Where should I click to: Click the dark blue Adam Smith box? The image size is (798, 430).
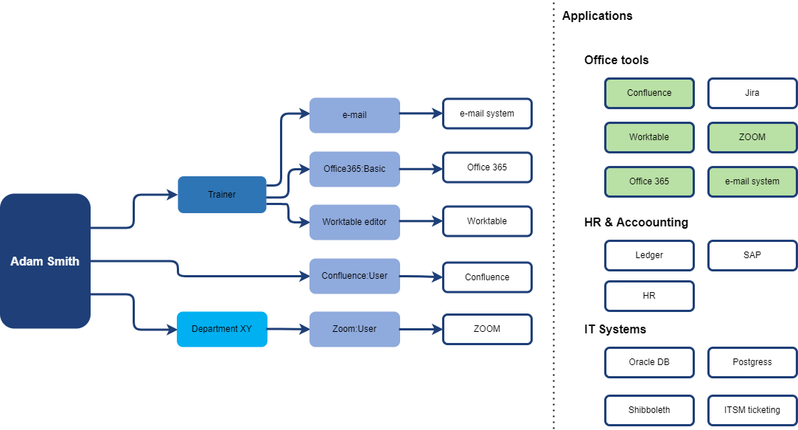(45, 261)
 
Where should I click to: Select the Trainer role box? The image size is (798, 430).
(222, 195)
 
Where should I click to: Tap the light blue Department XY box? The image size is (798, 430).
(222, 329)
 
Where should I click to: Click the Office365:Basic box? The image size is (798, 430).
(354, 169)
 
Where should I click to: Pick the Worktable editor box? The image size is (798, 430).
(354, 222)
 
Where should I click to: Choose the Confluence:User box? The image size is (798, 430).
(354, 276)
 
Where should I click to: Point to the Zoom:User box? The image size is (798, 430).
(354, 329)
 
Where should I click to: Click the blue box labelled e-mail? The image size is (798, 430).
(354, 115)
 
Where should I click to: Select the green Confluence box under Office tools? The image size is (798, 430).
(649, 93)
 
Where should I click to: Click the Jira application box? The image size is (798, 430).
(752, 93)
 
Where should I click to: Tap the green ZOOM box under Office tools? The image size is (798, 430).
(752, 137)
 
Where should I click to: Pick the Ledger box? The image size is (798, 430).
(649, 255)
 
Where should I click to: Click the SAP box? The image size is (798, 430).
(752, 255)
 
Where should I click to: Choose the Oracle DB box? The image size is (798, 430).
(649, 362)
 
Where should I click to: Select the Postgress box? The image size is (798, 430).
(752, 362)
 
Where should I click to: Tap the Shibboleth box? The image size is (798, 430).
(649, 410)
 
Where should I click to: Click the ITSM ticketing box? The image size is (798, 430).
(752, 410)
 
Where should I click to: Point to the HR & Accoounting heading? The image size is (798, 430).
(636, 222)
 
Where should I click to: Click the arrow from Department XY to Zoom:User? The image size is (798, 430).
(288, 329)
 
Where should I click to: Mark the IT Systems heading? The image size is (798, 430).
(615, 329)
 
